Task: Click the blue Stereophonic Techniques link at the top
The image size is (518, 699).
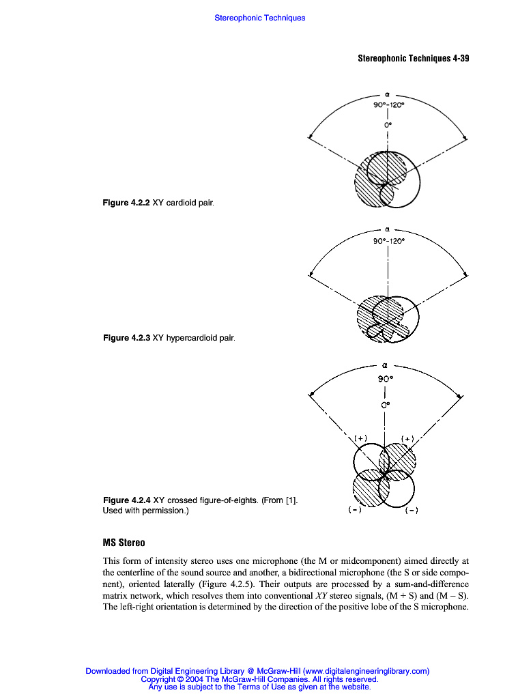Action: tap(259, 18)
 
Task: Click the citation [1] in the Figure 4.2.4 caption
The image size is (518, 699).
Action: tap(288, 500)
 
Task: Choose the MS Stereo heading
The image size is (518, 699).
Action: tap(124, 543)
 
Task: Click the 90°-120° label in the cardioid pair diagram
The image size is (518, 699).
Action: tap(388, 105)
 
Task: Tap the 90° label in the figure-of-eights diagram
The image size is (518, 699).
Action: tap(386, 377)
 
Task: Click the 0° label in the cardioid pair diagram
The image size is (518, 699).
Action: tap(387, 125)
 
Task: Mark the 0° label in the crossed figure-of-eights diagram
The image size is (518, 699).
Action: tap(386, 405)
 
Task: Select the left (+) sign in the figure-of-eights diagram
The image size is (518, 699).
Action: tap(361, 438)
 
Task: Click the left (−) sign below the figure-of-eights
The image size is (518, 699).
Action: tap(355, 510)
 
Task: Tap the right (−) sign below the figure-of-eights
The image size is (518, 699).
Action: tap(412, 510)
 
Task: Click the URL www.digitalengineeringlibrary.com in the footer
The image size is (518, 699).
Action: tap(365, 671)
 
